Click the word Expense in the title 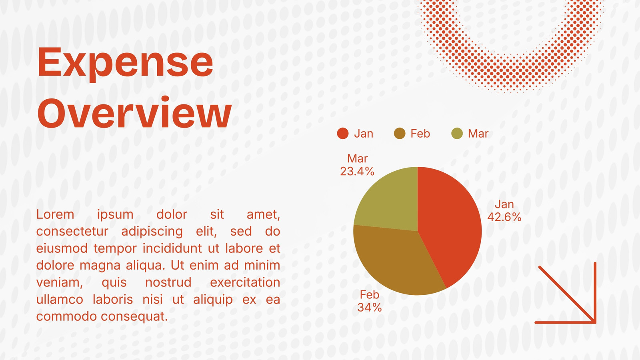pos(126,63)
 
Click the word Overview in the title pos(134,112)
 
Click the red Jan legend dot pos(342,134)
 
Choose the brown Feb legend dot pos(400,134)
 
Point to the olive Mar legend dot pos(457,134)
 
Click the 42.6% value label pos(504,217)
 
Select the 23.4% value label pos(357,172)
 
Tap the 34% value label pos(370,308)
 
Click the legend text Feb pos(420,134)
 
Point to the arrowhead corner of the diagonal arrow pos(595,322)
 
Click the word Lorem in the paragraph pos(55,214)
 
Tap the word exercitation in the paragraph pos(245,282)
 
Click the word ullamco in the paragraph pos(60,300)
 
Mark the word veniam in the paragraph pos(60,283)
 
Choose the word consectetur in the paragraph pos(72,232)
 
